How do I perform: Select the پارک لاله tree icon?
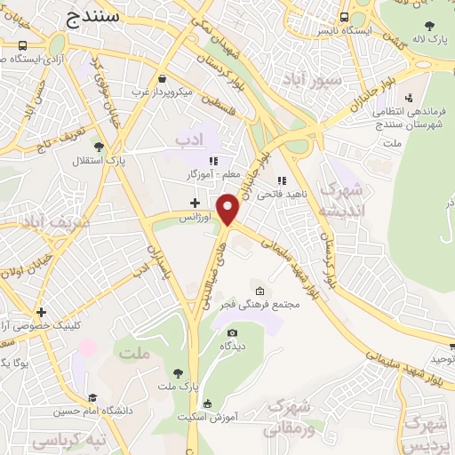tap(430, 26)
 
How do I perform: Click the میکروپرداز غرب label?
tap(168, 91)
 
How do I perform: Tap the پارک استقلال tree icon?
tap(98, 147)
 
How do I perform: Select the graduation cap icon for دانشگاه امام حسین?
tap(92, 398)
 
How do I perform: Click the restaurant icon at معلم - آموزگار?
tap(212, 161)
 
